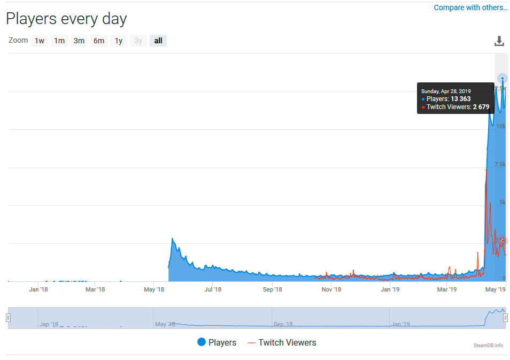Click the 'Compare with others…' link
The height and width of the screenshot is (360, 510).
pos(470,7)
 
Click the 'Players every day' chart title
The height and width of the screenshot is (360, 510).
pos(66,19)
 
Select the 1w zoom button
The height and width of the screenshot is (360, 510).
pos(40,41)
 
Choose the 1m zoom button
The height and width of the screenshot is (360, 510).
pos(59,41)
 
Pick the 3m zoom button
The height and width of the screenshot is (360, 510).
pos(79,41)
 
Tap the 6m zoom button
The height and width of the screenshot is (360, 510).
pos(99,41)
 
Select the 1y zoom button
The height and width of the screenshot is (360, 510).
pos(119,41)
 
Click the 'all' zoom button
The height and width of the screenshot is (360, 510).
pos(158,41)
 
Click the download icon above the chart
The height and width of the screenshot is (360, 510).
pos(499,41)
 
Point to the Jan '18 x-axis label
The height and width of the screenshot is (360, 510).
pos(38,290)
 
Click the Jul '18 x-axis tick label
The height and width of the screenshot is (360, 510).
pos(213,290)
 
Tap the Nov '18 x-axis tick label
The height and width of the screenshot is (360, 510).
pos(331,290)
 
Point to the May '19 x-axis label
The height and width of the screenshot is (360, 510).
pos(495,290)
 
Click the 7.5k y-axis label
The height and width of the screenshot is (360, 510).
pos(499,164)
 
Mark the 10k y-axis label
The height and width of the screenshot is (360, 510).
pos(500,126)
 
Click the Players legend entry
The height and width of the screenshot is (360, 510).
pos(217,342)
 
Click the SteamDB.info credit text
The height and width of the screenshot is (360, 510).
pos(488,346)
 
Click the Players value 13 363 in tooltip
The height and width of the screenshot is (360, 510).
pos(461,99)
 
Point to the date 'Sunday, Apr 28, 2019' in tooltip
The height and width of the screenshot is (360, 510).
pos(446,91)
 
